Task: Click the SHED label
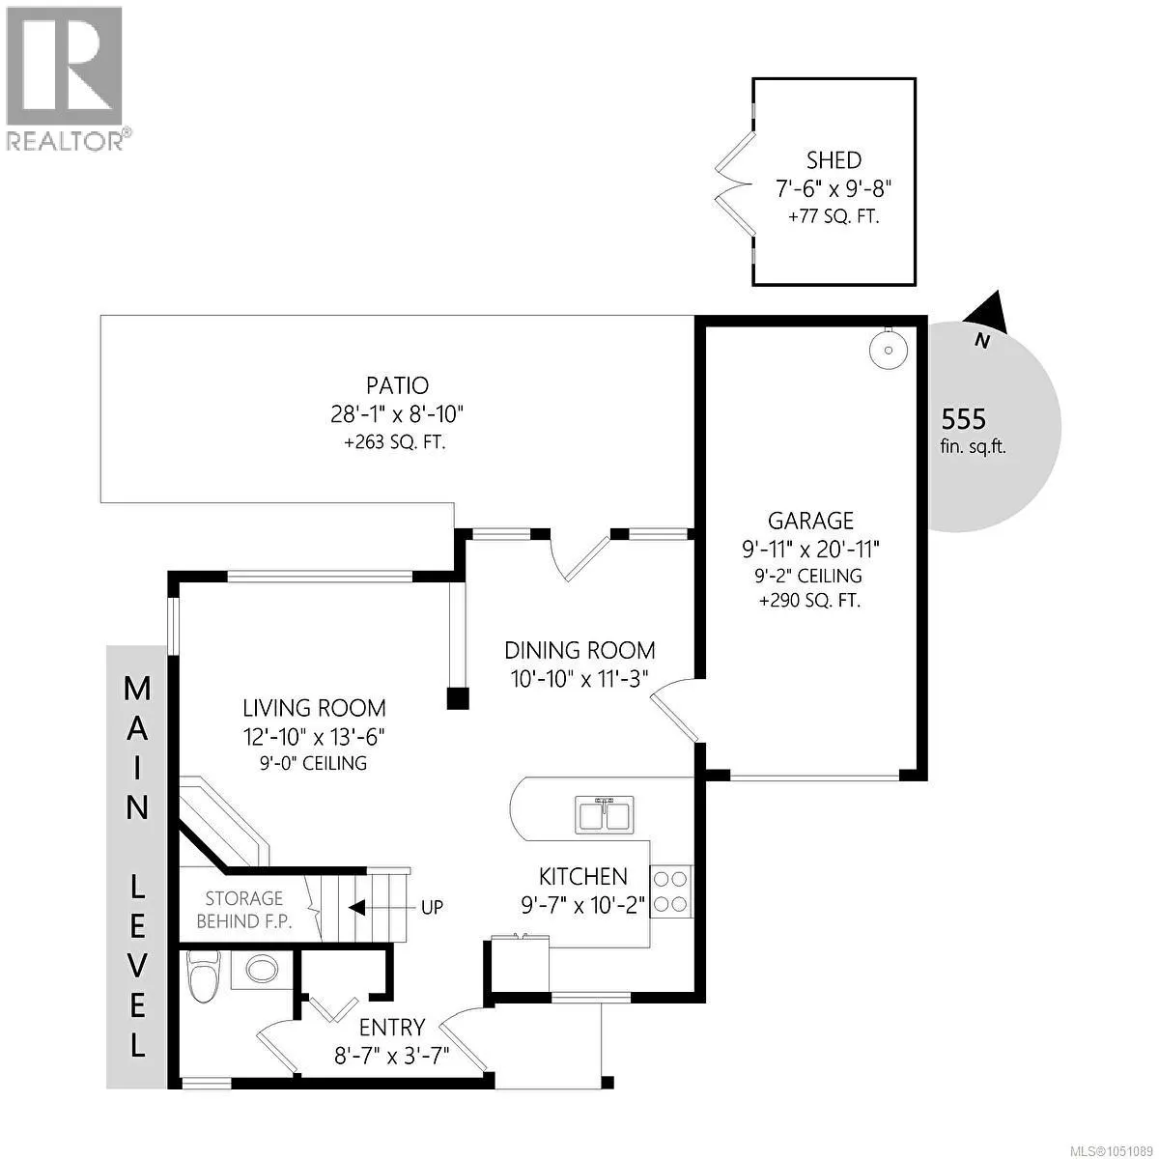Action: pos(834,160)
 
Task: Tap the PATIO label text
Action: pos(398,385)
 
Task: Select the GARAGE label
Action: pos(810,521)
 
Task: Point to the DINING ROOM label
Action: pos(579,651)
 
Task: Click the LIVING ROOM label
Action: pos(314,709)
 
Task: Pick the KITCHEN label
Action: pos(582,877)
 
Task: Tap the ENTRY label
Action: pos(392,1028)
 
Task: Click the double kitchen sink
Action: pos(605,815)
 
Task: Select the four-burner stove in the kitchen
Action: pos(671,891)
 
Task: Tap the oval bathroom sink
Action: pos(262,970)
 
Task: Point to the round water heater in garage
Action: pos(889,349)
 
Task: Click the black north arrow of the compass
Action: pos(986,312)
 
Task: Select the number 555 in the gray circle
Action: pos(964,419)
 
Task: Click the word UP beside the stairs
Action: pos(432,907)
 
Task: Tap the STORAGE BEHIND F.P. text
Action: pos(244,910)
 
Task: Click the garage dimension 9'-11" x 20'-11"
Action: pos(810,550)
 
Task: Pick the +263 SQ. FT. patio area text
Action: pos(395,442)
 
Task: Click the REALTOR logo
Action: pos(66,77)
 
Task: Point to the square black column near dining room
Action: pos(458,698)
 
